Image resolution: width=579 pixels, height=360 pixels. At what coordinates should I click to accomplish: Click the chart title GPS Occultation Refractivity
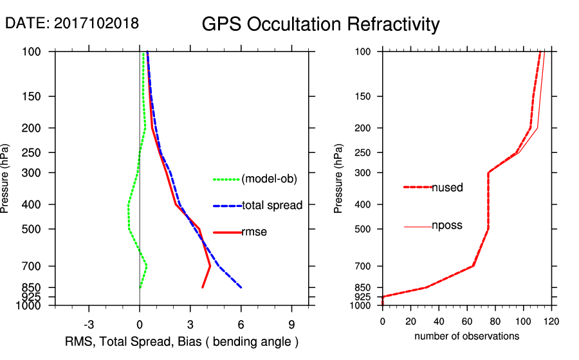coord(320,24)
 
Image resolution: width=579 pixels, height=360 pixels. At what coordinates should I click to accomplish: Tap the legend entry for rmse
coord(253,232)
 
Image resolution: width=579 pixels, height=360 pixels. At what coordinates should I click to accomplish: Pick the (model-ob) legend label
coord(269,179)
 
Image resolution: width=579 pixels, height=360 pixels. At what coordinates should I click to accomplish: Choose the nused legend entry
coord(447,188)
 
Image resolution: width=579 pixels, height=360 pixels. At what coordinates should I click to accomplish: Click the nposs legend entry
coord(447,226)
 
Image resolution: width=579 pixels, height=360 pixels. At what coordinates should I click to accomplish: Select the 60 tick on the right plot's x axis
coord(467,321)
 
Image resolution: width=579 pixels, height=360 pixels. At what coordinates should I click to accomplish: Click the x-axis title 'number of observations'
coord(466,336)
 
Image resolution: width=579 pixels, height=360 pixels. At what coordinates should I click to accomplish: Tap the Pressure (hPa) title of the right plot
coord(338,178)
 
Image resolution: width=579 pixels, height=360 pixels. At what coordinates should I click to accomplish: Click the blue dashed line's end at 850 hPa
coord(241,287)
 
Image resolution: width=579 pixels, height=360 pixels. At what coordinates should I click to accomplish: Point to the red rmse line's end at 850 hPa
coord(203,287)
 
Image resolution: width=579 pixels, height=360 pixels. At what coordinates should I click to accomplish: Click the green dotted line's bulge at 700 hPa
coord(147,265)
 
